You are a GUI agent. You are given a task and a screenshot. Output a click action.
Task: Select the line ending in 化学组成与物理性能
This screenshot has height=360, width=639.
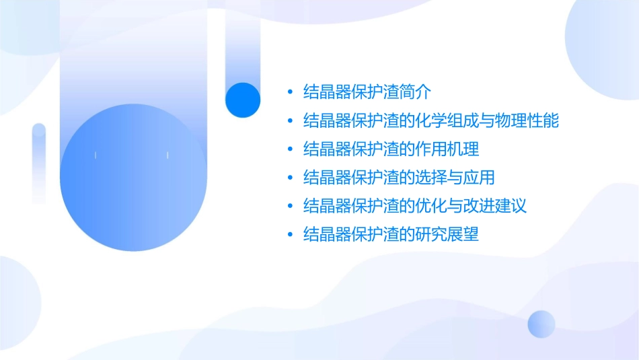pyautogui.click(x=431, y=121)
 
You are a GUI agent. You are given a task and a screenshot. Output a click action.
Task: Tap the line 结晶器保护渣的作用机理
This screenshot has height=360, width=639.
pyautogui.click(x=391, y=149)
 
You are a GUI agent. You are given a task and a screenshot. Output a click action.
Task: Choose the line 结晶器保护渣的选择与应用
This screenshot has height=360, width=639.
pyautogui.click(x=400, y=178)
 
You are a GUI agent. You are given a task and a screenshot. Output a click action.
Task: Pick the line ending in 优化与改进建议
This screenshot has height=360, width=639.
pyautogui.click(x=415, y=206)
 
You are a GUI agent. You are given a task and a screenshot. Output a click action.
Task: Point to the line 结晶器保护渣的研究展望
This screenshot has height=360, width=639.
pyautogui.click(x=391, y=234)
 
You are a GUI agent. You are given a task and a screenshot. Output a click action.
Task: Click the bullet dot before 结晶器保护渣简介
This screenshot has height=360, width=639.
pyautogui.click(x=290, y=92)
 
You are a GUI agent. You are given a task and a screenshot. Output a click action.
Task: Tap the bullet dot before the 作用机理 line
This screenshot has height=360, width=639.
pyautogui.click(x=290, y=149)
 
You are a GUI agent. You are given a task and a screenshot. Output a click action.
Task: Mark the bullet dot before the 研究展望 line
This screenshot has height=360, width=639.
pyautogui.click(x=290, y=235)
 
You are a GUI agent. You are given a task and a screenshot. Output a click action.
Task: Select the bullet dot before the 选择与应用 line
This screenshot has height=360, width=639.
pyautogui.click(x=290, y=178)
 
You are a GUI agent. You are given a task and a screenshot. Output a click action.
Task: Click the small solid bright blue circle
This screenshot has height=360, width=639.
pyautogui.click(x=243, y=100)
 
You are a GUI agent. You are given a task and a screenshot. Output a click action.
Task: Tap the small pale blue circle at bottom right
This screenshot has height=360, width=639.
pyautogui.click(x=541, y=324)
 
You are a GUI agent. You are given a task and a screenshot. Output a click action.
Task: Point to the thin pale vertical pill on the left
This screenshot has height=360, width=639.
pyautogui.click(x=39, y=164)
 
